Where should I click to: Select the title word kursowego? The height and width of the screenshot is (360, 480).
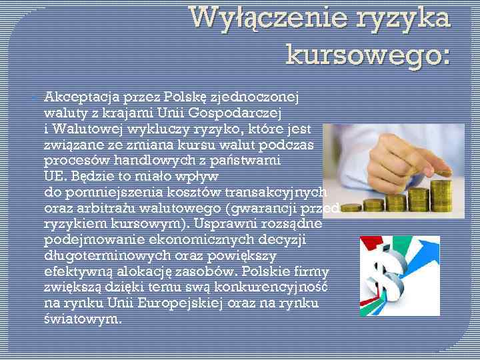click(x=368, y=53)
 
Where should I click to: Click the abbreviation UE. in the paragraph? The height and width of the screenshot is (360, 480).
click(x=56, y=176)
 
